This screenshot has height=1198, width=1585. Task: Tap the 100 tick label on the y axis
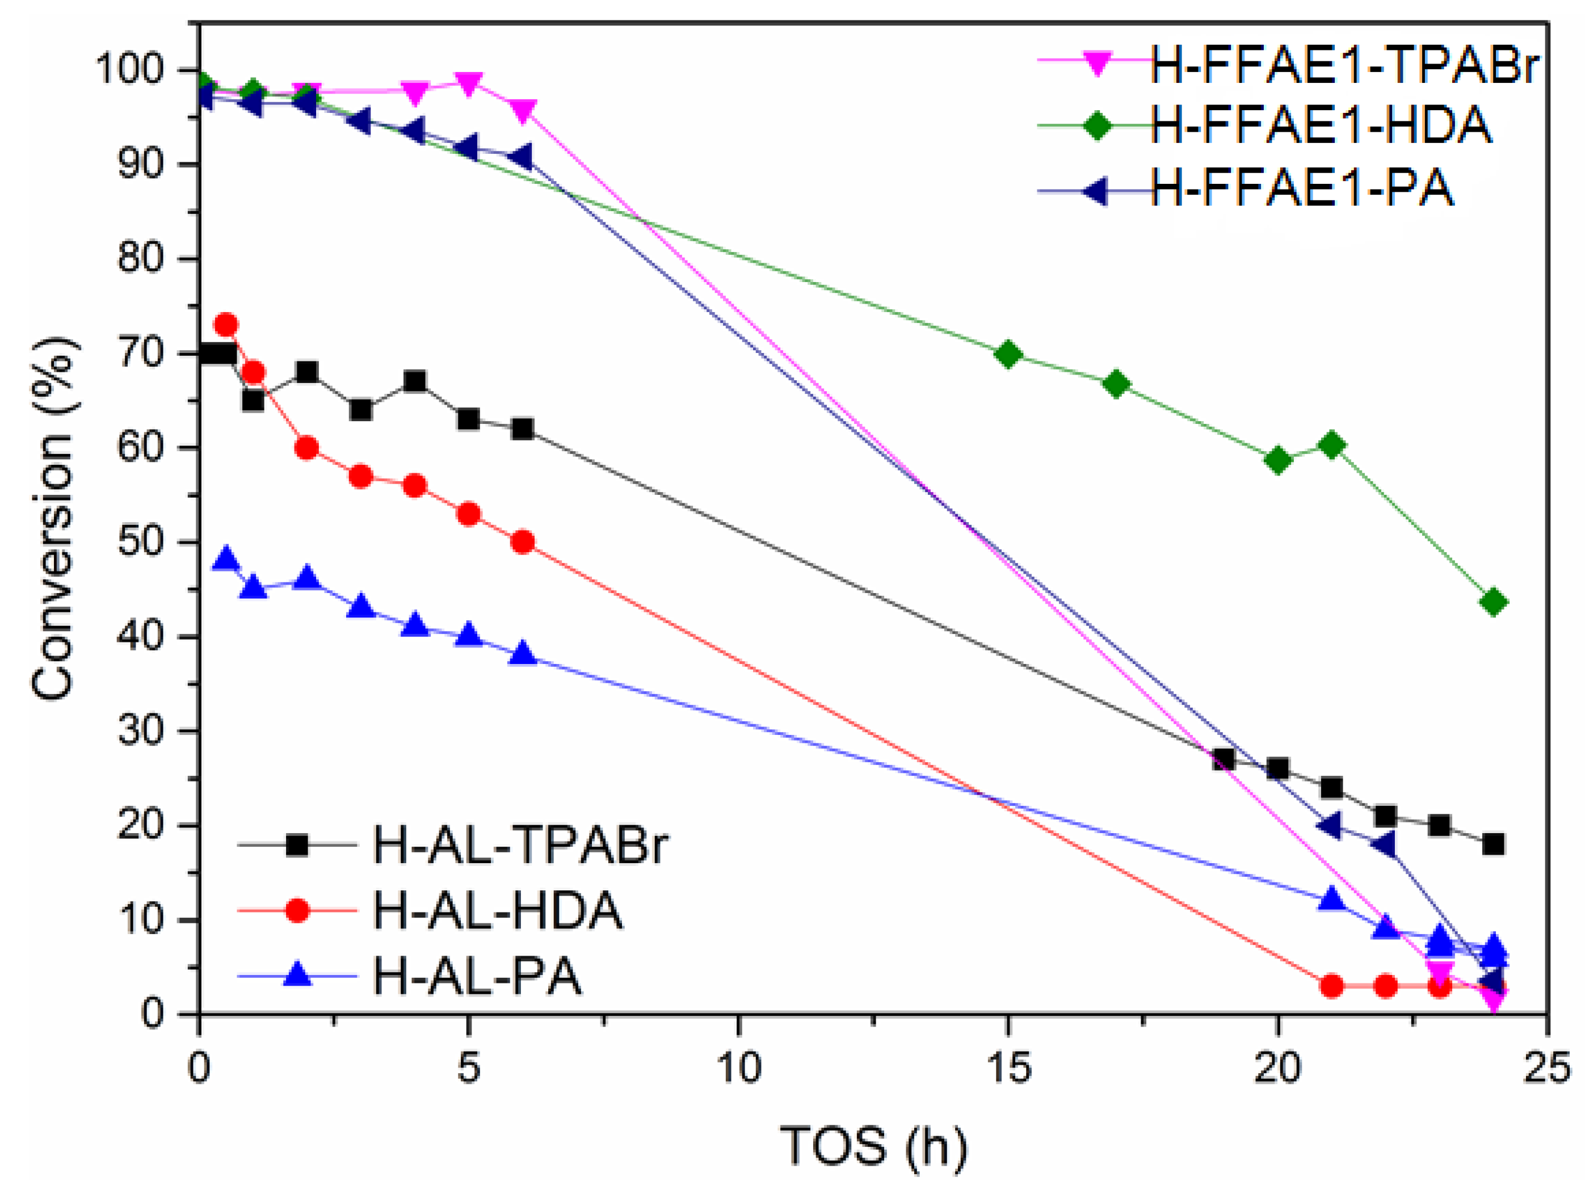[x=139, y=70]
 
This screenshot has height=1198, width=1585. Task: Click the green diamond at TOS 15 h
[x=1008, y=355]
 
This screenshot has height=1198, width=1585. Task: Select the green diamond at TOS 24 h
[x=1493, y=603]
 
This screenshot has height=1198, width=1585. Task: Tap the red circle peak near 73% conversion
[x=226, y=325]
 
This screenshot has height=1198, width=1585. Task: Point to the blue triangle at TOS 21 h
[x=1332, y=900]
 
